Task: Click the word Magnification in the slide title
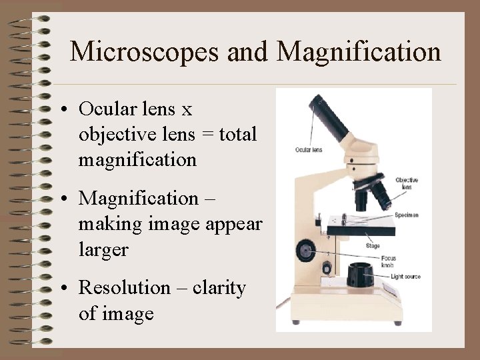click(x=359, y=52)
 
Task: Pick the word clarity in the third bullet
click(x=221, y=288)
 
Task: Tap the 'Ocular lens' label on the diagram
click(x=308, y=150)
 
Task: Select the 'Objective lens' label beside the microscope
click(x=406, y=183)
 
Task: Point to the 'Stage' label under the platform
click(x=373, y=246)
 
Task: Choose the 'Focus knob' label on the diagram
click(x=389, y=261)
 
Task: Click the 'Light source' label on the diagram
click(x=405, y=276)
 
